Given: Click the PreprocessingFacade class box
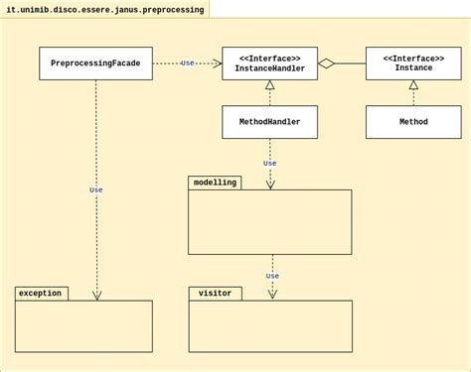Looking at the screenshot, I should click(x=95, y=63).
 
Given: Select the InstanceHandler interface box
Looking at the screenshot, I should click(x=269, y=63).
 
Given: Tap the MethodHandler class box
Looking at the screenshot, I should click(x=269, y=122).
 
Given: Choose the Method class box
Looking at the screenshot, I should click(x=413, y=122).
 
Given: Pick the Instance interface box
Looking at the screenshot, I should click(x=413, y=63).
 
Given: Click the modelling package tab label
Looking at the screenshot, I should click(x=215, y=183).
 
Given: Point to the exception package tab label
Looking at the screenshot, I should click(x=41, y=294).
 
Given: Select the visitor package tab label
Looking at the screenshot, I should click(x=215, y=294).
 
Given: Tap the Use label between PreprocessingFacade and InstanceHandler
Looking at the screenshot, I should click(x=187, y=63).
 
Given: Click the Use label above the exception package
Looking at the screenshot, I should click(x=96, y=189).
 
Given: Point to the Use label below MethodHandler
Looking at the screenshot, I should click(x=269, y=164).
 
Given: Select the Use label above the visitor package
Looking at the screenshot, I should click(x=272, y=276).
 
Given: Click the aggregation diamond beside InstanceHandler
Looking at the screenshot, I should click(x=326, y=63).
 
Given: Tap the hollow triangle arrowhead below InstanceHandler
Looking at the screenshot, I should click(x=269, y=85).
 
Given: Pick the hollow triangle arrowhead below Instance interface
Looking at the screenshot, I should click(x=413, y=85).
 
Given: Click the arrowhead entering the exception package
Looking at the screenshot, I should click(x=96, y=296).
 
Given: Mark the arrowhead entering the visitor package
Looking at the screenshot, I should click(x=272, y=295).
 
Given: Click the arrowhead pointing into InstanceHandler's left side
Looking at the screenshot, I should click(x=217, y=63).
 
